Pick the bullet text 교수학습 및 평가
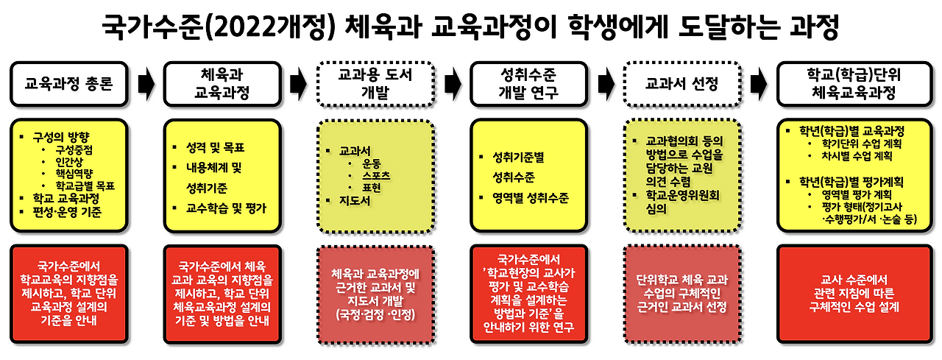pos(225,208)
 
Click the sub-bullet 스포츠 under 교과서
pos(372,175)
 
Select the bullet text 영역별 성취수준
pos(532,198)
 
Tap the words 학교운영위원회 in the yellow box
pos(684,194)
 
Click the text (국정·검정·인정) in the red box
pos(374,315)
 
